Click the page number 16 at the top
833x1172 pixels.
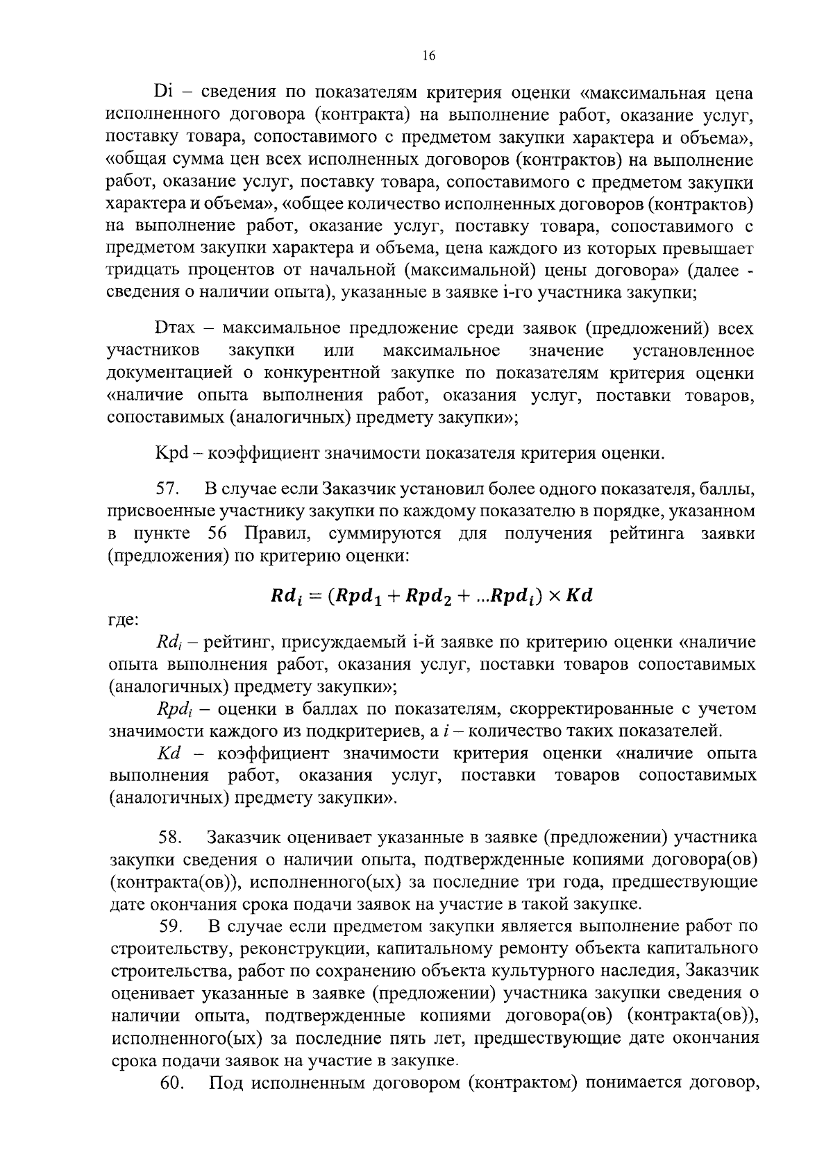428,56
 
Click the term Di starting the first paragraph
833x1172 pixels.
162,92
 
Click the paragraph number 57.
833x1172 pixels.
168,489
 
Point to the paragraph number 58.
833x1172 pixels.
170,838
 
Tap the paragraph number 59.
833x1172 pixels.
171,926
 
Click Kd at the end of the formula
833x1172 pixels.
579,596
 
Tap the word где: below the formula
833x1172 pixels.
124,619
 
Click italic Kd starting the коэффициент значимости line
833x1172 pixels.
169,754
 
